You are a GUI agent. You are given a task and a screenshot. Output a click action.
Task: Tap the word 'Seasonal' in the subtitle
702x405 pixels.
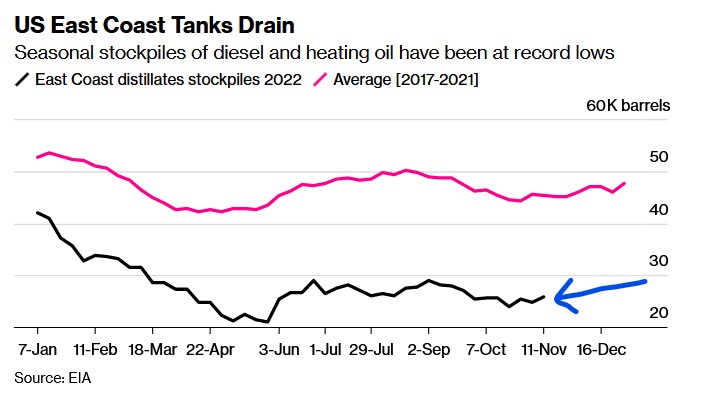tap(50, 52)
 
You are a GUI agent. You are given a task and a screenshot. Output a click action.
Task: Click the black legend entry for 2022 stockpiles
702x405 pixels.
tap(161, 80)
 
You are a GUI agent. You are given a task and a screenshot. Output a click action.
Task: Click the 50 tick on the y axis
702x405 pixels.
tap(656, 157)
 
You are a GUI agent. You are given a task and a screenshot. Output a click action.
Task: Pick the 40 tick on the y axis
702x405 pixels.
tap(656, 209)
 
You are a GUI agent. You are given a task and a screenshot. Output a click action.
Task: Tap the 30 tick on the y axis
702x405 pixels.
tap(656, 261)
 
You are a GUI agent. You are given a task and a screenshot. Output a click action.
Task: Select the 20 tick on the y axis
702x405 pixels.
tap(656, 313)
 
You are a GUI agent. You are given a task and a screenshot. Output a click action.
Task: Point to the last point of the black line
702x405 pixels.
tap(544, 296)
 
